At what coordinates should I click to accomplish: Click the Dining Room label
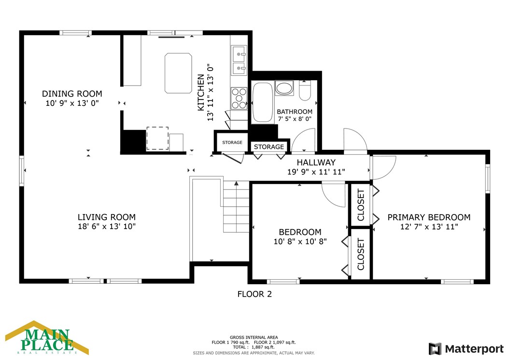(x=72, y=94)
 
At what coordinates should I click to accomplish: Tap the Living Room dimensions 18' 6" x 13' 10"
(x=106, y=227)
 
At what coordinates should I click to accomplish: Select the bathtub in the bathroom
(x=263, y=102)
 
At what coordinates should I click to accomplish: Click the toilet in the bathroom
(x=305, y=90)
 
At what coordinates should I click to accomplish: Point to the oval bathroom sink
(x=284, y=88)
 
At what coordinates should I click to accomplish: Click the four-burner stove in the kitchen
(x=239, y=98)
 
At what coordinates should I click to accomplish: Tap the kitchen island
(x=178, y=73)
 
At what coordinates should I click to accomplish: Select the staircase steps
(x=236, y=207)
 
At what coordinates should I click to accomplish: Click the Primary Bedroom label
(x=429, y=217)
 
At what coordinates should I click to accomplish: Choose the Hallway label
(x=316, y=162)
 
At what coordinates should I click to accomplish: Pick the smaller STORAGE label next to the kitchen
(x=232, y=143)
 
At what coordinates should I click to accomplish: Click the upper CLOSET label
(x=361, y=205)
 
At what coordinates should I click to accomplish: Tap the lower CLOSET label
(x=361, y=254)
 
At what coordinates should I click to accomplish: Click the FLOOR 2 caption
(x=254, y=294)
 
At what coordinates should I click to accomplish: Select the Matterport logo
(x=466, y=349)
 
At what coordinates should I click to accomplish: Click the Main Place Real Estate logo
(x=47, y=338)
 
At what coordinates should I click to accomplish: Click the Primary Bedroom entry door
(x=383, y=168)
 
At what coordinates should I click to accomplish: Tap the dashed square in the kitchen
(x=157, y=138)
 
